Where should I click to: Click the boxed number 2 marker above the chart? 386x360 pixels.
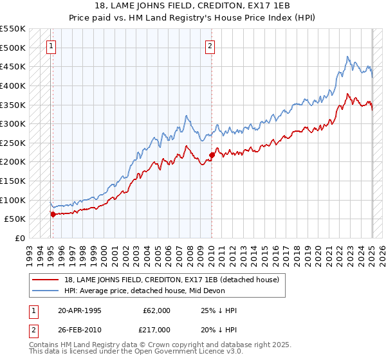pos(210,46)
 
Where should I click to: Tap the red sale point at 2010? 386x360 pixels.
pos(212,154)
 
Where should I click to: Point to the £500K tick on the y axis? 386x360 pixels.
pos(13,48)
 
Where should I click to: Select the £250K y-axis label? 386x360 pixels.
pos(13,143)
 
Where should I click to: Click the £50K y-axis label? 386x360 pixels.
pos(15,219)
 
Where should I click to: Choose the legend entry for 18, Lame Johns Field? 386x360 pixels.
pos(171,280)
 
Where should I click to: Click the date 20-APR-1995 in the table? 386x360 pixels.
pos(79,310)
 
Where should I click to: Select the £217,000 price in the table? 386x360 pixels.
pos(156,330)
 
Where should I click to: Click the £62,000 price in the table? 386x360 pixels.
pos(156,310)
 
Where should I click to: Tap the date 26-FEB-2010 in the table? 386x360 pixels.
pos(79,330)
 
